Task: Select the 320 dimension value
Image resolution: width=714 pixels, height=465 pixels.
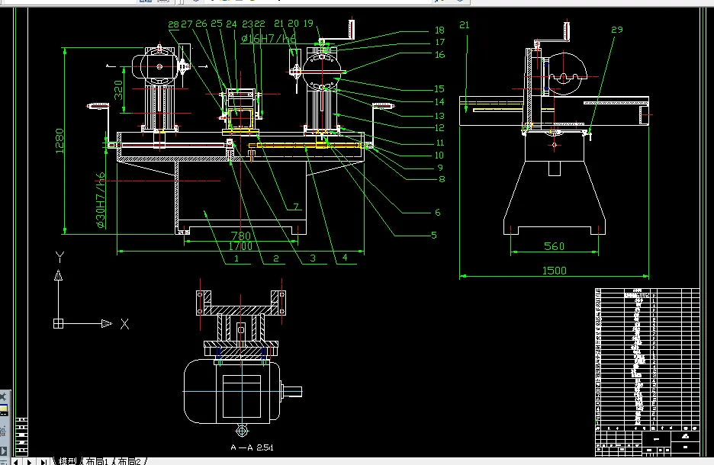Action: point(118,91)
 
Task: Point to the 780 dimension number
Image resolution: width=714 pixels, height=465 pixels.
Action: point(241,236)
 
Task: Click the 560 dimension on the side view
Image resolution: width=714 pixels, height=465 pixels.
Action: point(555,246)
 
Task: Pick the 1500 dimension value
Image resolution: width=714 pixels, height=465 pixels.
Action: point(554,271)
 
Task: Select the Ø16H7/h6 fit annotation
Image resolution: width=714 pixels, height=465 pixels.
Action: point(268,39)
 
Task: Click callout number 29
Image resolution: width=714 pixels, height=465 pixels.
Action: point(617,30)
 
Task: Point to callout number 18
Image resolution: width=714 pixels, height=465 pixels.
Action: point(439,30)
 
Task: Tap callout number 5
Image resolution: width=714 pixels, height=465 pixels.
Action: point(434,236)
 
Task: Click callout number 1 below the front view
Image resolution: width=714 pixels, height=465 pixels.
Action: point(236,259)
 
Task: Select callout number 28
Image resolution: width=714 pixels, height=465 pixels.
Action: point(173,24)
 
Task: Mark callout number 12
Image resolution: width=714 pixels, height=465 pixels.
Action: point(439,128)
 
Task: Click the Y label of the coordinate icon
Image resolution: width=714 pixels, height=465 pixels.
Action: point(59,256)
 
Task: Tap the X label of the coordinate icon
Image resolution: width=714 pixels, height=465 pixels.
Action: point(124,324)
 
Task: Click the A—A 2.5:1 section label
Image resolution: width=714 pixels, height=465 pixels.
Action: point(252,447)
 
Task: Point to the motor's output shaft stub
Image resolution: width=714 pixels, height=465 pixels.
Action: point(294,392)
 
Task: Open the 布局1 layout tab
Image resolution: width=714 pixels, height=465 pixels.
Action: point(96,460)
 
